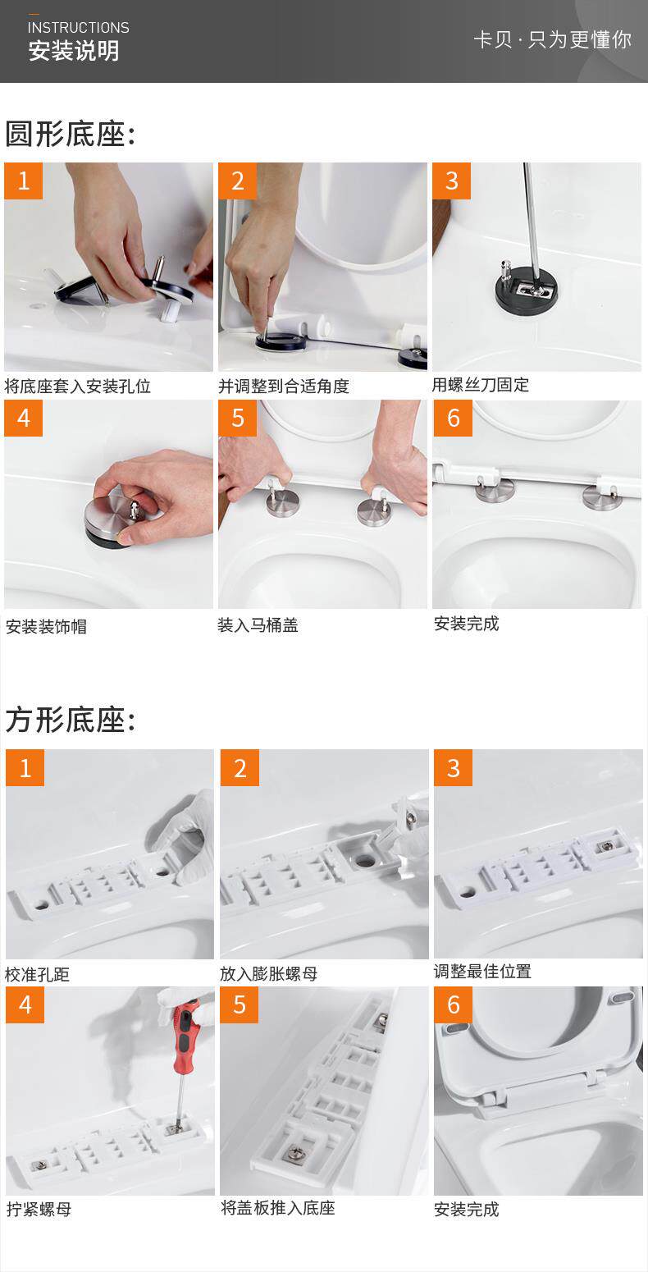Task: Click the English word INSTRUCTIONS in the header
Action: coord(78,27)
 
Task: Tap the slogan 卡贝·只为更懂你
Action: coord(553,39)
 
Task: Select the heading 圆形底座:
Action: coord(71,134)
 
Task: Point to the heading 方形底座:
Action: coord(71,720)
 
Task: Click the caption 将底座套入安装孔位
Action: coord(78,387)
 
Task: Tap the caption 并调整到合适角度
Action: coord(284,387)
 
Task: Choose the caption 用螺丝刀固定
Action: coord(481,384)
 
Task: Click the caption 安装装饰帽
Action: coord(46,626)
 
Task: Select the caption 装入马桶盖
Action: coord(258,625)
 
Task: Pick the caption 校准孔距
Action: coord(37,974)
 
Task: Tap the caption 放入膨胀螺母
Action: coord(268,973)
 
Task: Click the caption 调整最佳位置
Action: coord(482,971)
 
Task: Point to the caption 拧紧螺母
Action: coord(39,1209)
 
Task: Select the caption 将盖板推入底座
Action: coord(277,1207)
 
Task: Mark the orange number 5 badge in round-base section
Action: coord(238,418)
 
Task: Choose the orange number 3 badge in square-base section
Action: coord(453,768)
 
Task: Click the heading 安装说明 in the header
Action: coord(74,51)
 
